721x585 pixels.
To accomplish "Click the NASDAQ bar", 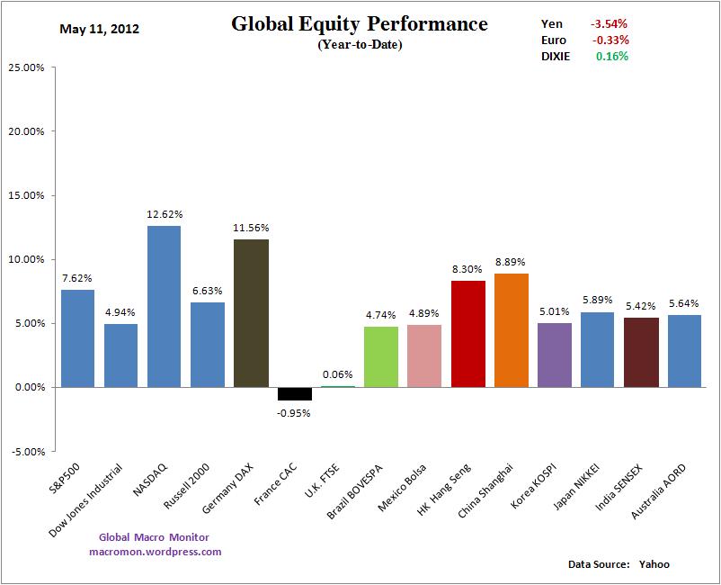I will pyautogui.click(x=164, y=306).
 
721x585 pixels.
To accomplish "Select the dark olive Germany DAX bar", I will pyautogui.click(x=251, y=312).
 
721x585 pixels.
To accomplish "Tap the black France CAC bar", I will pyautogui.click(x=294, y=393).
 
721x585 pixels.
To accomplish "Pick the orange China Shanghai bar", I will pyautogui.click(x=512, y=329).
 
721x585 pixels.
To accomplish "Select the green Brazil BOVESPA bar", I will pyautogui.click(x=381, y=356).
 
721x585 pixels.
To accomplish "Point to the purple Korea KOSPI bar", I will pyautogui.click(x=555, y=355).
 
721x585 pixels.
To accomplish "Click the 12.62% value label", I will pyautogui.click(x=164, y=214).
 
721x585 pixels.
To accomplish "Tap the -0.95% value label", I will pyautogui.click(x=294, y=413).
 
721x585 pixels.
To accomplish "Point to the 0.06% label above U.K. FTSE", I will pyautogui.click(x=337, y=374).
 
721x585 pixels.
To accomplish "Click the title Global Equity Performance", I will pyautogui.click(x=360, y=24).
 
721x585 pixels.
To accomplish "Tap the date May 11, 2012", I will pyautogui.click(x=99, y=29).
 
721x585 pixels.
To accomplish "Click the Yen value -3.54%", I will pyautogui.click(x=610, y=23).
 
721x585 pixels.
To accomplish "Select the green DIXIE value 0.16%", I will pyautogui.click(x=611, y=56).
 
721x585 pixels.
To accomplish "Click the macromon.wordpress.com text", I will pyautogui.click(x=156, y=552).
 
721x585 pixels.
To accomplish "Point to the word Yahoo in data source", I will pyautogui.click(x=654, y=564).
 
